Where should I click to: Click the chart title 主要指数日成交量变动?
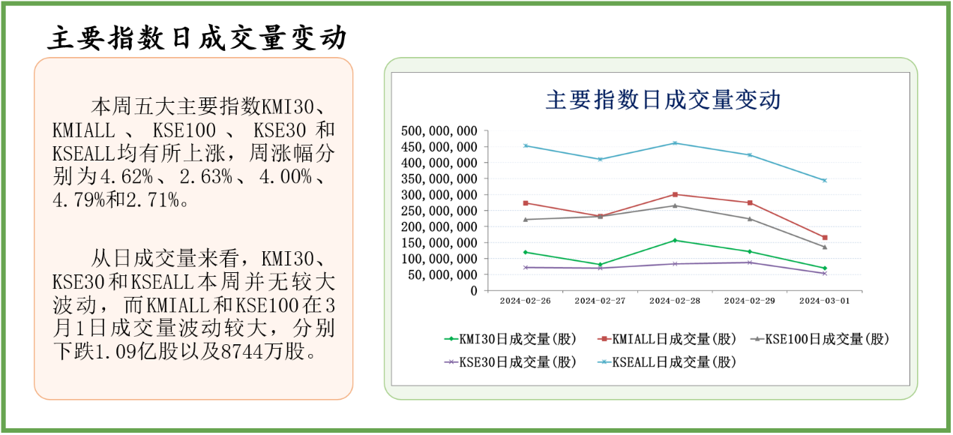tap(663, 100)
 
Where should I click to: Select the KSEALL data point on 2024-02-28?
tap(675, 143)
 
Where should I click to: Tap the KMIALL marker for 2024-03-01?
tap(825, 238)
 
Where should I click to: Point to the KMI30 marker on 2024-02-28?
tap(675, 240)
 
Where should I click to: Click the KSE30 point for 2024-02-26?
tap(526, 267)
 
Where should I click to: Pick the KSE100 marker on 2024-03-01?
tap(825, 247)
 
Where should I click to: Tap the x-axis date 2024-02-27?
tap(600, 301)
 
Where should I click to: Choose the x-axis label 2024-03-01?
tap(824, 301)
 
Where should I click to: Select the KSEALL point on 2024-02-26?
tap(526, 145)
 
